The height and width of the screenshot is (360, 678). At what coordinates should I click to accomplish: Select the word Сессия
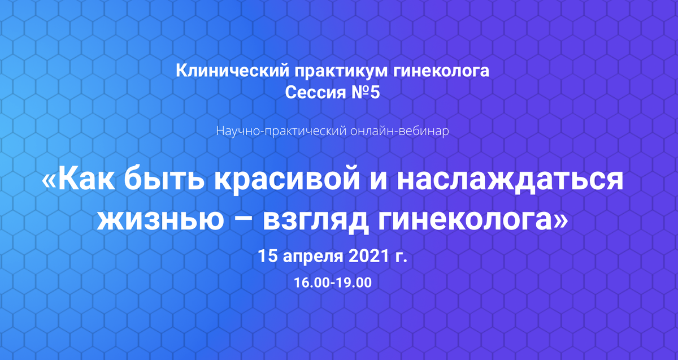click(315, 92)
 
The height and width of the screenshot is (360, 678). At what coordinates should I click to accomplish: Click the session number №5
click(366, 92)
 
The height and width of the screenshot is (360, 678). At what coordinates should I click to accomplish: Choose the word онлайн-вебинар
click(399, 131)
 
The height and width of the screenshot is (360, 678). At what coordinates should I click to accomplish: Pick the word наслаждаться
click(510, 181)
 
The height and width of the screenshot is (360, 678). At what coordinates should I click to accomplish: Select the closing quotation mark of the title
click(562, 220)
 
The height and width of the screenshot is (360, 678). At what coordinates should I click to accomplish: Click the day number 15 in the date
click(268, 256)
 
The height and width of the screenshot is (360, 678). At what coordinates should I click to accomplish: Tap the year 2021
click(368, 256)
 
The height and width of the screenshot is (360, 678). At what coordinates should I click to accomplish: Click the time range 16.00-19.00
click(333, 283)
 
